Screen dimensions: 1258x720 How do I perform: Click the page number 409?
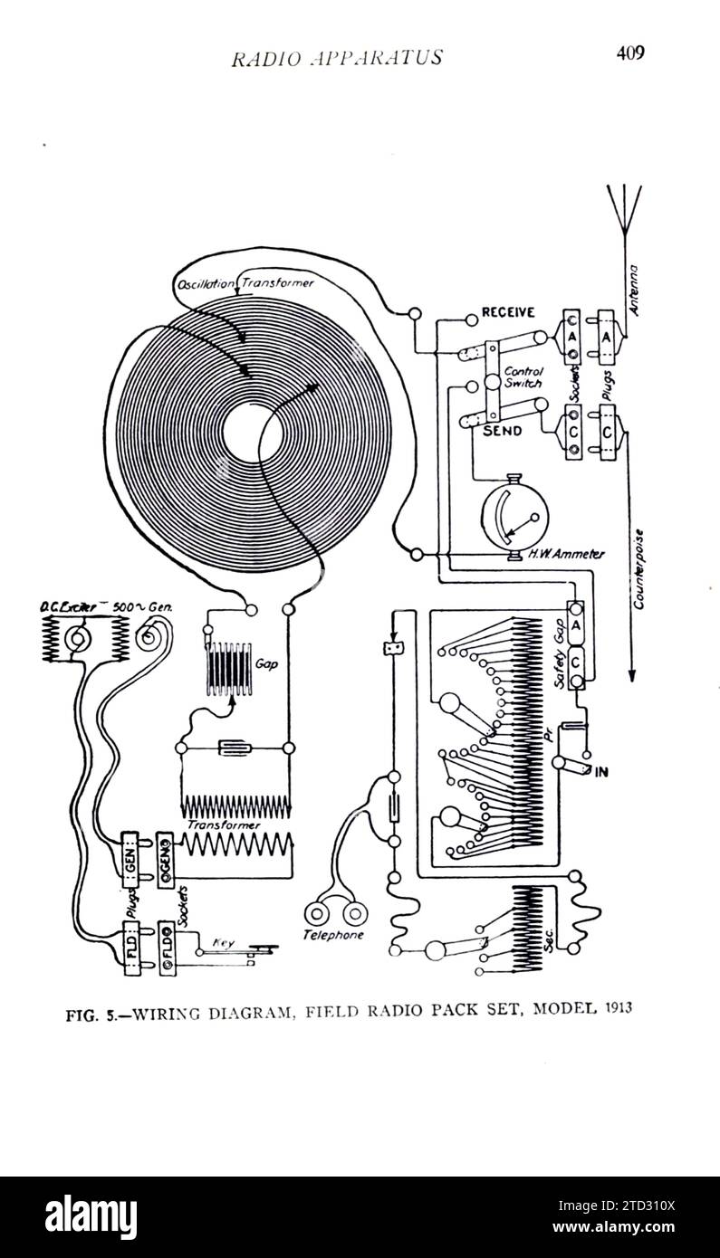629,52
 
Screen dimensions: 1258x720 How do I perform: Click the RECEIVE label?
508,312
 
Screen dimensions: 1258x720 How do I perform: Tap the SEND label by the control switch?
502,431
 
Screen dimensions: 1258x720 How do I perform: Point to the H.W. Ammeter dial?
513,517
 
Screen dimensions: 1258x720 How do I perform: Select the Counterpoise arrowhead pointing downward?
633,675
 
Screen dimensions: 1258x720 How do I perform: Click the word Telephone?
333,935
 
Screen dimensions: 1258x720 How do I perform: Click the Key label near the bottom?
223,943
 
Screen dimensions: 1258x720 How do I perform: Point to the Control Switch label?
523,376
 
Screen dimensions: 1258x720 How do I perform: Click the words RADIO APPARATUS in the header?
337,58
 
